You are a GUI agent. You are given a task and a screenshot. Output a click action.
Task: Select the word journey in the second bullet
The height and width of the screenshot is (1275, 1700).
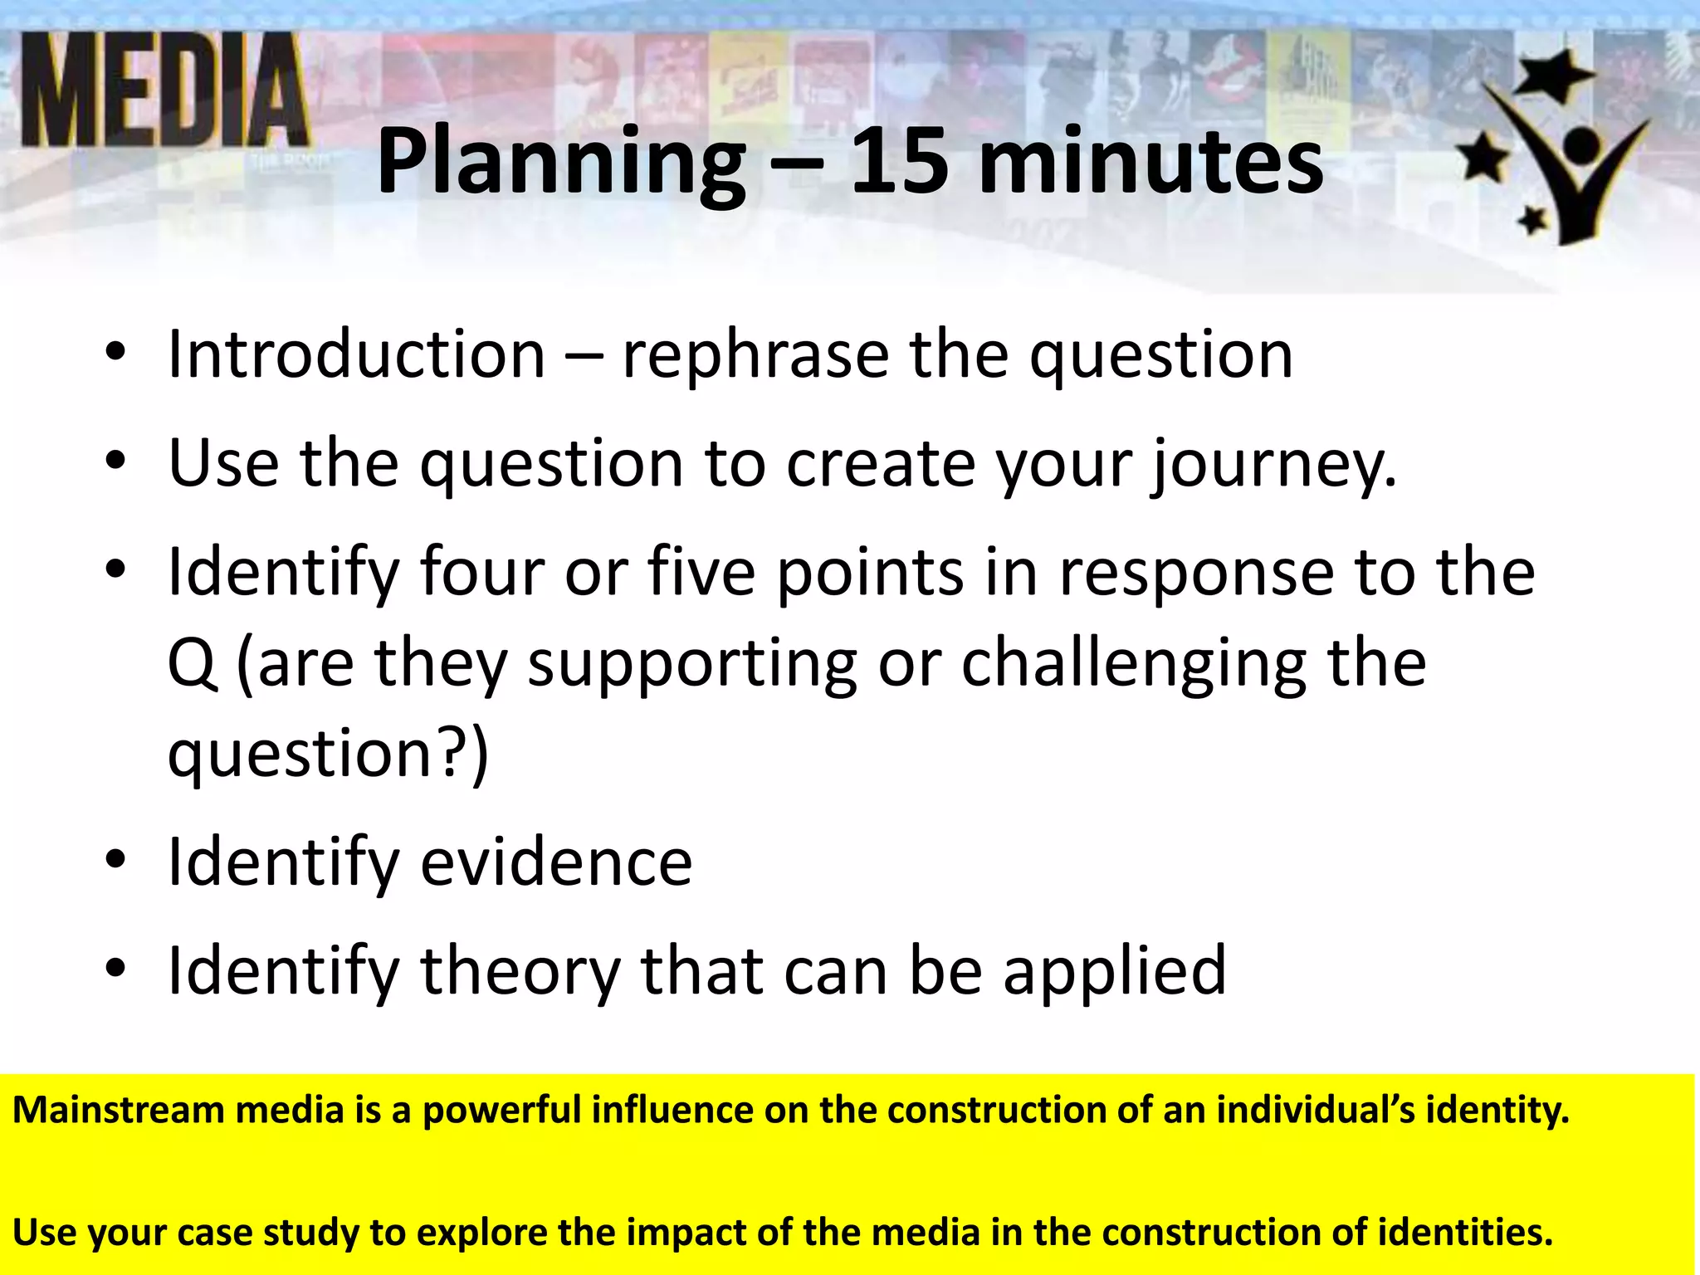1270,465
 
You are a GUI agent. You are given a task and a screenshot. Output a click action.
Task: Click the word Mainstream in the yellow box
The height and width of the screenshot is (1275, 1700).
118,1110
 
